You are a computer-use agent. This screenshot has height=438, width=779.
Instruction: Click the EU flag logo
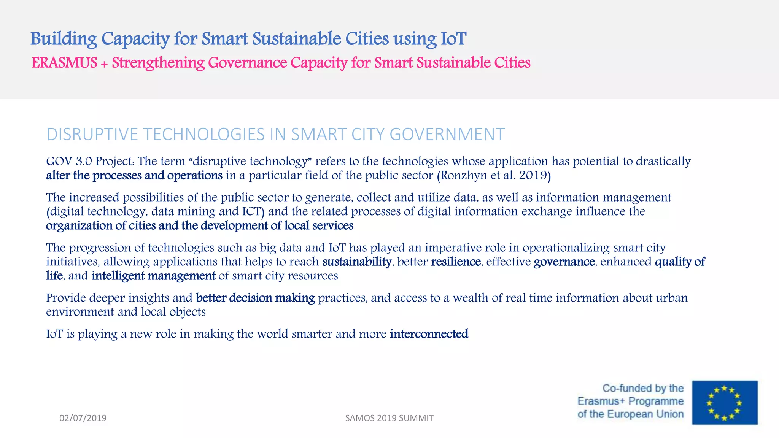[725, 402]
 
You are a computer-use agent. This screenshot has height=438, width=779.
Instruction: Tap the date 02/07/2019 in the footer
[83, 418]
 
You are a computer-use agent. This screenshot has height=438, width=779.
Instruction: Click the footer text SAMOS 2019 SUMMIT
[389, 418]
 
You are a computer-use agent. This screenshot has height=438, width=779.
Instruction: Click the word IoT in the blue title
[453, 39]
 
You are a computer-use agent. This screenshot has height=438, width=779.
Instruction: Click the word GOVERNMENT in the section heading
[447, 134]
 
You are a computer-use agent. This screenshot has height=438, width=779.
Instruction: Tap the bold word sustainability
[357, 262]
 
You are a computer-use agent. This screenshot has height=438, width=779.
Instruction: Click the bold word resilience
[456, 262]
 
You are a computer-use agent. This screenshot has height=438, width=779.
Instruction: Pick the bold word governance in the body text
[564, 262]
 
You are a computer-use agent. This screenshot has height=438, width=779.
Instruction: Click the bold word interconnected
[429, 334]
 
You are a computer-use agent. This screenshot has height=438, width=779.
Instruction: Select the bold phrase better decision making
[255, 298]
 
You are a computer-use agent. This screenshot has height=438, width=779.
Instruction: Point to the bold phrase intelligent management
[153, 276]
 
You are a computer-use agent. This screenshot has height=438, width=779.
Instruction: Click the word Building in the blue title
[64, 39]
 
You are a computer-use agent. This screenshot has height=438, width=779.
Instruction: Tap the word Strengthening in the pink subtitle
[158, 63]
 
